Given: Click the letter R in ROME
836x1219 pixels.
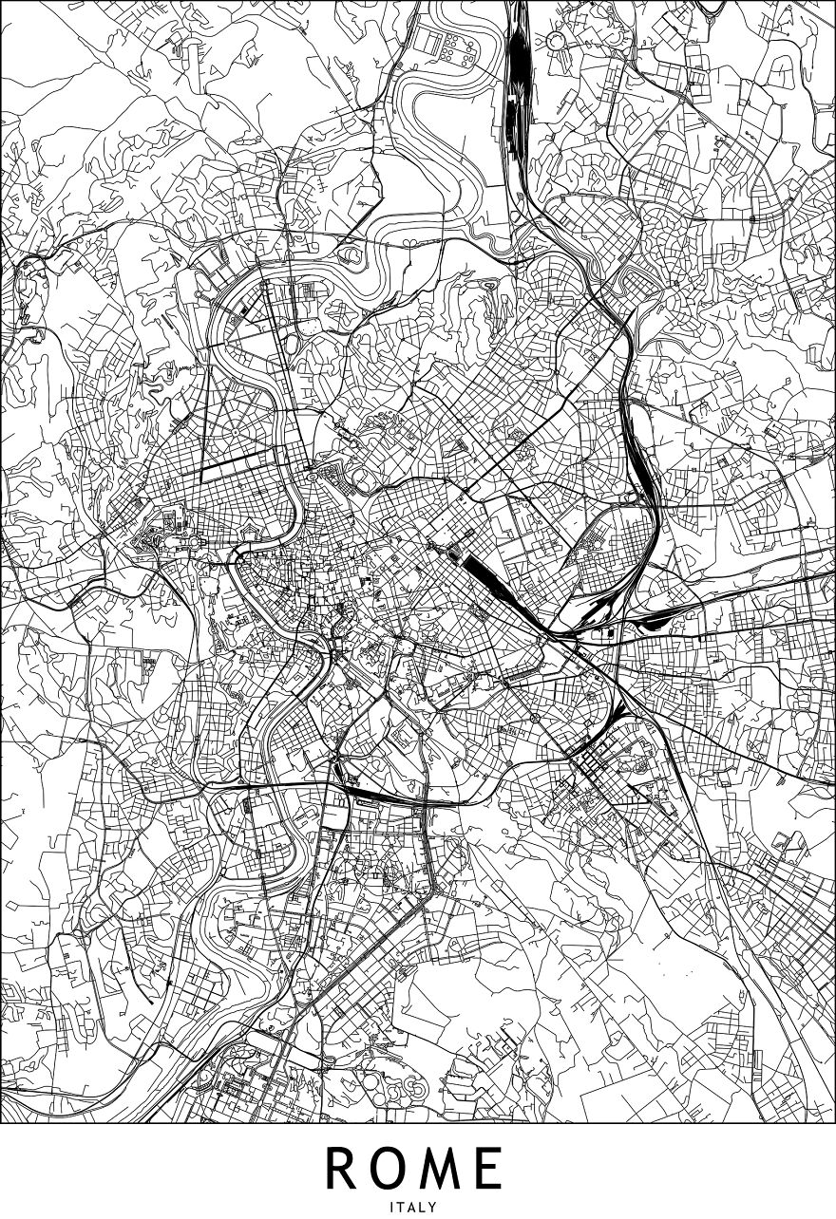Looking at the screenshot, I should [343, 1169].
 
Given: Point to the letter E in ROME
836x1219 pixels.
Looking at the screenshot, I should [488, 1169].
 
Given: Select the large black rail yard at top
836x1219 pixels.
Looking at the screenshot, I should [519, 76].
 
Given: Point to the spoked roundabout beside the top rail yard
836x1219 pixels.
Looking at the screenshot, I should [554, 41].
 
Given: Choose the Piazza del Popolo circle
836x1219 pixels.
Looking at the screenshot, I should [312, 469].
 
